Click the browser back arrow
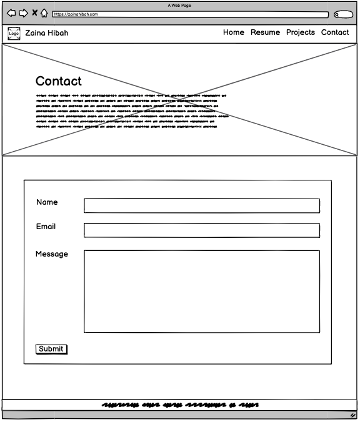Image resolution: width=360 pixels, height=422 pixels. click(x=11, y=13)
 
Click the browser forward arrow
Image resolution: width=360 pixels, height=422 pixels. click(x=23, y=13)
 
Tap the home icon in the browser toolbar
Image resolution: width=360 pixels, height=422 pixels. click(x=44, y=13)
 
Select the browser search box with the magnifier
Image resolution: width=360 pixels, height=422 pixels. click(x=343, y=14)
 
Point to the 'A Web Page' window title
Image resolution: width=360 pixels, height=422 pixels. click(x=179, y=5)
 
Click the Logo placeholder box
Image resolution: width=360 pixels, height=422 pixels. click(x=14, y=33)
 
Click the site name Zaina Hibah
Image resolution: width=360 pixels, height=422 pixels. click(x=47, y=33)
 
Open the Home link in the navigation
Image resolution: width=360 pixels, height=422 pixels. click(x=234, y=32)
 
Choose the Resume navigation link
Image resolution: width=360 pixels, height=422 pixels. click(x=265, y=32)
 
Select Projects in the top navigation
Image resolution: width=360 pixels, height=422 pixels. click(x=301, y=32)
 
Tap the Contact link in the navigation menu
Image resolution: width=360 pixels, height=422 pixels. click(x=335, y=32)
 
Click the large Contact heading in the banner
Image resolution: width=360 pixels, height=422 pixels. click(x=59, y=81)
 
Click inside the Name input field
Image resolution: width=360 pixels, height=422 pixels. click(x=201, y=206)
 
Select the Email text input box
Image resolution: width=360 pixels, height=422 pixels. click(x=201, y=230)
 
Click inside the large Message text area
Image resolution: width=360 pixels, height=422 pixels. click(x=201, y=291)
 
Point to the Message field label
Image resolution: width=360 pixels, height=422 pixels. click(x=52, y=254)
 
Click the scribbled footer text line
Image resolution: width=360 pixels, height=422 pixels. click(x=180, y=405)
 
